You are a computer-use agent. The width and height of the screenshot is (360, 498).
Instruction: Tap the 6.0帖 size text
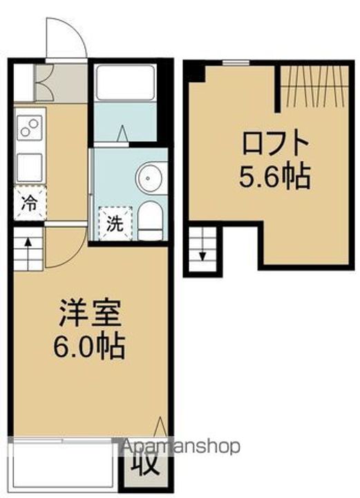pyautogui.click(x=90, y=345)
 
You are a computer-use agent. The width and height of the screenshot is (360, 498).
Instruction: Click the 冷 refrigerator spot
pyautogui.click(x=29, y=204)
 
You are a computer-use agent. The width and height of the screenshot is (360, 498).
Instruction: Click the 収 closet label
pyautogui.click(x=142, y=461)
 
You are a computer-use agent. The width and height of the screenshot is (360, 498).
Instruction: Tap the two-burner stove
pyautogui.click(x=29, y=127)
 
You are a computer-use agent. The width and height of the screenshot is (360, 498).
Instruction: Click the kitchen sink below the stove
pyautogui.click(x=29, y=166)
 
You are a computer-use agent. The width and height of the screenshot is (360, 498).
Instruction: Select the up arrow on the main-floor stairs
pyautogui.click(x=28, y=243)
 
